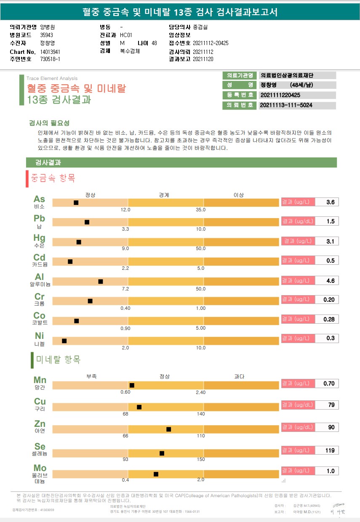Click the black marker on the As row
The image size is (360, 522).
click(76, 203)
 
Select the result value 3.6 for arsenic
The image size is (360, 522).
click(330, 202)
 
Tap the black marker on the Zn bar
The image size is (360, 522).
click(169, 429)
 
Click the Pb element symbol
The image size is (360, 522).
click(40, 218)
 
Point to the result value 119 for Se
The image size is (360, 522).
click(330, 451)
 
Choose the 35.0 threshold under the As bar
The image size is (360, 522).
click(201, 210)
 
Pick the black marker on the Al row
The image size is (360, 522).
click(101, 281)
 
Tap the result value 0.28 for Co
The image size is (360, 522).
click(329, 320)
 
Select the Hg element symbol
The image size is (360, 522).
click(40, 238)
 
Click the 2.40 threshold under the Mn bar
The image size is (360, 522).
click(200, 392)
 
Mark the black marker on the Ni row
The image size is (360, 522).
click(64, 341)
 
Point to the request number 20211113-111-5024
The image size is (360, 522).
click(286, 105)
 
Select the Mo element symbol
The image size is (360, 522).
click(40, 468)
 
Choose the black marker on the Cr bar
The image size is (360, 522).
click(90, 301)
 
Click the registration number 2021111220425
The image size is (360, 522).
click(280, 96)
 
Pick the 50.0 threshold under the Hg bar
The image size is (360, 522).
click(200, 249)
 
